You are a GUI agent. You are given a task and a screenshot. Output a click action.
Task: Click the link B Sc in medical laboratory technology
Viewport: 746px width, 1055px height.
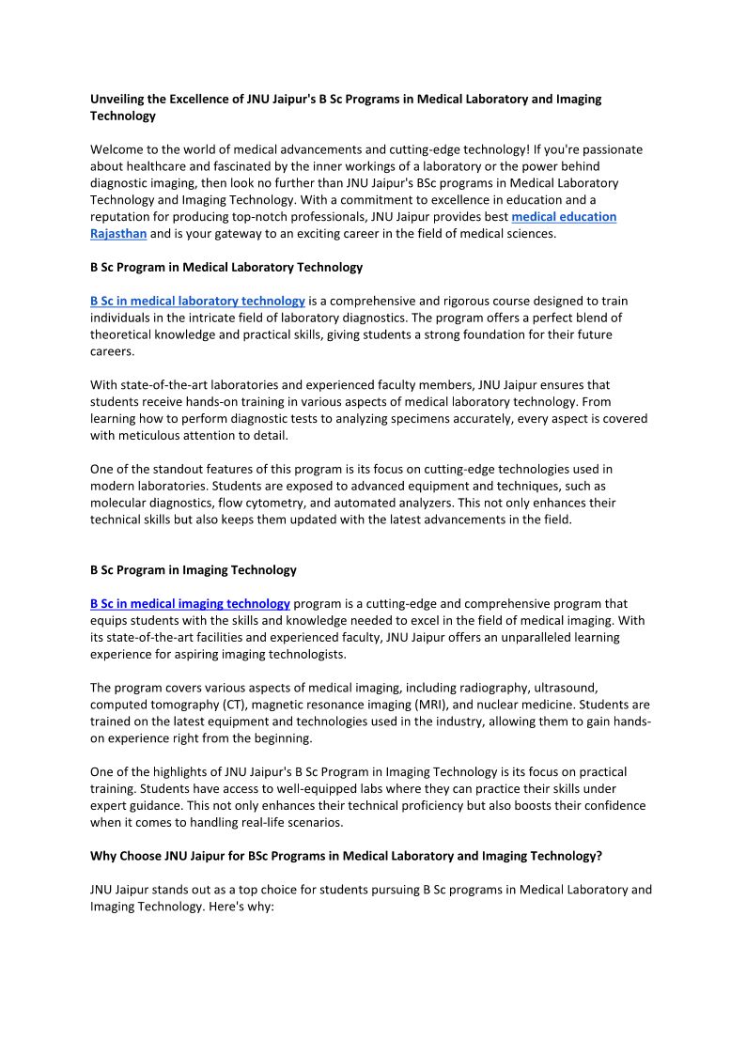pyautogui.click(x=197, y=301)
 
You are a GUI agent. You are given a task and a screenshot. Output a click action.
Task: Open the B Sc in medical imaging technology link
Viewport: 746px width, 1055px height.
pyautogui.click(x=190, y=603)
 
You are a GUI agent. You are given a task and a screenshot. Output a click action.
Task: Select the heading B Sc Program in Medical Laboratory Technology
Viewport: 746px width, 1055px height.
pyautogui.click(x=225, y=267)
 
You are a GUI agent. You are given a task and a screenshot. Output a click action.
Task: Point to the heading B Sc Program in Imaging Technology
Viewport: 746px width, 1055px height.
pyautogui.click(x=193, y=569)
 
